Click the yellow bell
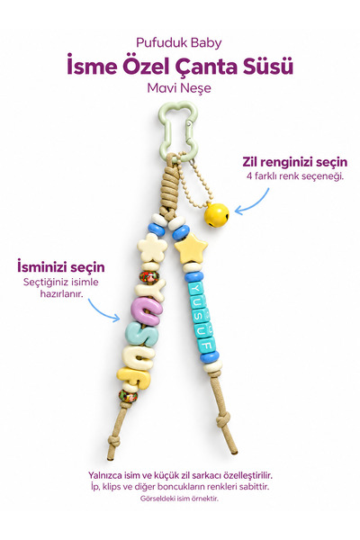pyautogui.click(x=216, y=215)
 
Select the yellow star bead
pyautogui.click(x=191, y=247)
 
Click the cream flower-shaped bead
pyautogui.click(x=152, y=247)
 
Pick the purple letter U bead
pyautogui.click(x=146, y=311)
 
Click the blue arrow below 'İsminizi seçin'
pyautogui.click(x=103, y=310)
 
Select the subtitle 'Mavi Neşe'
pyautogui.click(x=179, y=88)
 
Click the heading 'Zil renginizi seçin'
pyautogui.click(x=295, y=162)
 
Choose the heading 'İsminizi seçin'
pyautogui.click(x=61, y=267)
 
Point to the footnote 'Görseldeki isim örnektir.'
pyautogui.click(x=179, y=499)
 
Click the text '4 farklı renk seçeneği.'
pyautogui.click(x=295, y=176)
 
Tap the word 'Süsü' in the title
pyautogui.click(x=268, y=66)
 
